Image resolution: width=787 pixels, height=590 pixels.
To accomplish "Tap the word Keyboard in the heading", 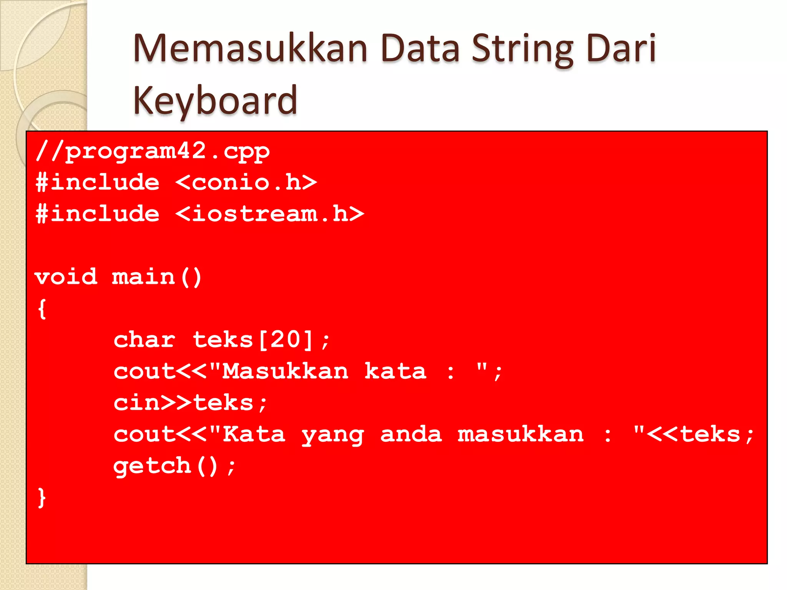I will [215, 101].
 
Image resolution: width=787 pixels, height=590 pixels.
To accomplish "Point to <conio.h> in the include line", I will [246, 182].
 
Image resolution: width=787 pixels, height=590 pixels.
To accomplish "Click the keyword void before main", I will [66, 277].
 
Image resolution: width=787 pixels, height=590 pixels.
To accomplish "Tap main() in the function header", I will [157, 277].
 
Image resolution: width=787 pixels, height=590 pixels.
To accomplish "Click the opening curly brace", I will [42, 309].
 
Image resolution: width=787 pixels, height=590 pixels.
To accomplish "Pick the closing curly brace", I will [42, 498].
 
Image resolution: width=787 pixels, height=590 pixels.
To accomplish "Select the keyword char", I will [144, 340].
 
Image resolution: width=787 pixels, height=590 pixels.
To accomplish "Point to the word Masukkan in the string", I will [285, 371].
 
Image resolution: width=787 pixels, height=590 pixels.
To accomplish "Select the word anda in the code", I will [411, 434].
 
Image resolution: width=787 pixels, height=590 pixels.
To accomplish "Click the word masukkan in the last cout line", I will [521, 434].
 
